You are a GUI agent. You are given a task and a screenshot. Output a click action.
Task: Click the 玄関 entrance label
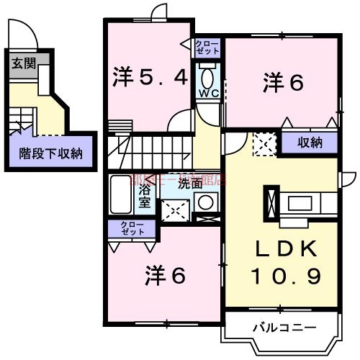click(21, 63)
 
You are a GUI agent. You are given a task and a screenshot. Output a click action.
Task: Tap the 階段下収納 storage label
click(50, 153)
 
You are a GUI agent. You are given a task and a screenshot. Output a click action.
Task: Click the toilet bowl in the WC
click(208, 77)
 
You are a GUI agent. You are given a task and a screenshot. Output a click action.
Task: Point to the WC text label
click(208, 94)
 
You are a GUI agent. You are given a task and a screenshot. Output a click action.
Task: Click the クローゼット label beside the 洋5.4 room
click(207, 48)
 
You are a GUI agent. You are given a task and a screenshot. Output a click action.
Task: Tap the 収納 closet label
click(310, 143)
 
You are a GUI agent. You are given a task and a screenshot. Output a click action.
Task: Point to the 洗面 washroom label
click(190, 183)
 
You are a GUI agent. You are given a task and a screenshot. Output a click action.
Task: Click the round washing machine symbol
click(208, 202)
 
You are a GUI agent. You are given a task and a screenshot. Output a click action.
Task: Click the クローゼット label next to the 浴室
click(132, 230)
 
